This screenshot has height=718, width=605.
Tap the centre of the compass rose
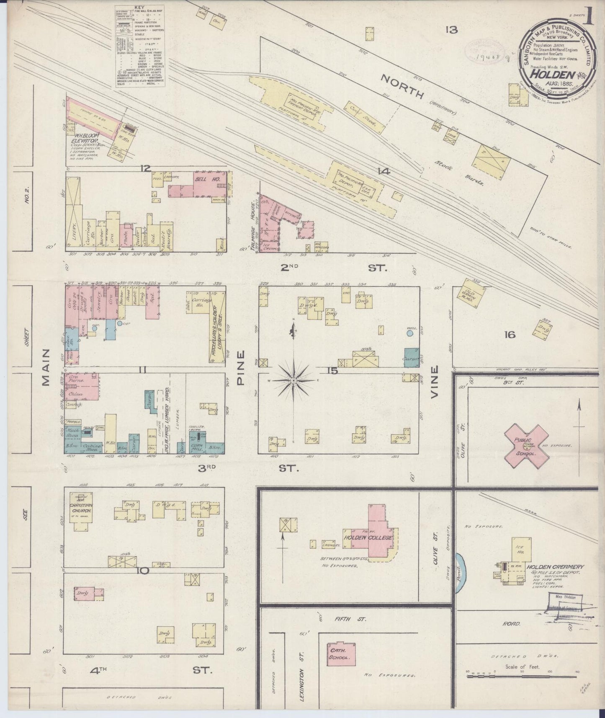(294, 380)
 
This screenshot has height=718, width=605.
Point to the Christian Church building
(81, 511)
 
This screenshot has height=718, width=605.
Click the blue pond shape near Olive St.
(459, 572)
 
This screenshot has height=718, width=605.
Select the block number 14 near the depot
(383, 171)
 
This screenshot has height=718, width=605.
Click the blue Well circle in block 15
(409, 333)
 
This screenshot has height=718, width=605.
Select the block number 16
(510, 334)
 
